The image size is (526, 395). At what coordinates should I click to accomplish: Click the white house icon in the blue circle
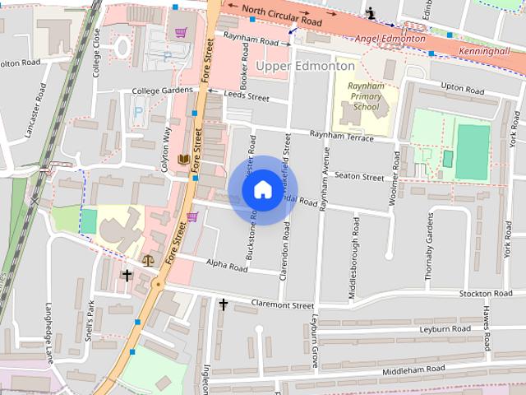(262, 190)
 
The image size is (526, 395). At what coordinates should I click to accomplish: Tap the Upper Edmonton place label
(305, 66)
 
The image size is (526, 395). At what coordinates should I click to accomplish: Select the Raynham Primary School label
(366, 96)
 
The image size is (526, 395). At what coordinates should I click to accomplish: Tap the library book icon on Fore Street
(184, 158)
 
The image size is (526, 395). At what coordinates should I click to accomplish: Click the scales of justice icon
(148, 259)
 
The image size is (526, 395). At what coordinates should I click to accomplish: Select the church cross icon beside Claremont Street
(223, 304)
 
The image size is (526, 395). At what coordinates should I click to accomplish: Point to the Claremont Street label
(284, 304)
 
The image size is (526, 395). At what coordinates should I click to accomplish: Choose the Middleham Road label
(413, 369)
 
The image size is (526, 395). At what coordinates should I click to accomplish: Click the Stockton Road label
(486, 294)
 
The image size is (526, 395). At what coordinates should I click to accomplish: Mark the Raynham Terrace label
(341, 136)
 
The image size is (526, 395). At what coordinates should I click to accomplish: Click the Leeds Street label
(247, 97)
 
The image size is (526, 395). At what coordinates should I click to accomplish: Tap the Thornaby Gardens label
(428, 247)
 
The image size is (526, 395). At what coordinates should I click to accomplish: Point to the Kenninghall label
(490, 50)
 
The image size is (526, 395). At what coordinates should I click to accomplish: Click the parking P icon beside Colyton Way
(138, 110)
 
